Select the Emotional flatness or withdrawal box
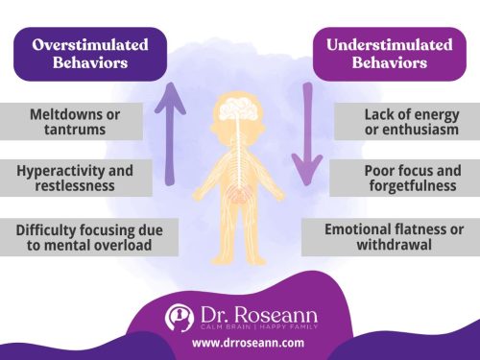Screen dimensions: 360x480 (394, 237)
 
